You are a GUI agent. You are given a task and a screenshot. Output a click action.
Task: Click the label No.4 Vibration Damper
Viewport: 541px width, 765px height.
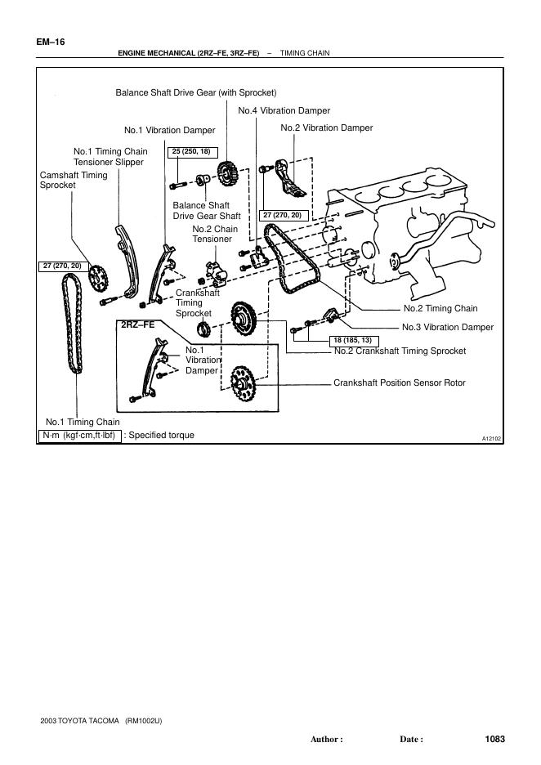pos(284,110)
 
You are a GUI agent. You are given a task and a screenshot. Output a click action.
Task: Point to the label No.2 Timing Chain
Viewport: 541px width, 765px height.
pos(440,309)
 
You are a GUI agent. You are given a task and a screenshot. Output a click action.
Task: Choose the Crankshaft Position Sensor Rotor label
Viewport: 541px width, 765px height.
pos(399,382)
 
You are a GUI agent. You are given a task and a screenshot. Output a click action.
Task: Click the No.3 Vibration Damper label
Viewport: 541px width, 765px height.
pos(448,327)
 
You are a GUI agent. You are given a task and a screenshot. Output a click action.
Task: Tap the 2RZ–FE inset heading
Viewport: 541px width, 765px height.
pos(137,325)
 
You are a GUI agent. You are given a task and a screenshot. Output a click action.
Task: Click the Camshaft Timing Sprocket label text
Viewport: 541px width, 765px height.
pos(74,181)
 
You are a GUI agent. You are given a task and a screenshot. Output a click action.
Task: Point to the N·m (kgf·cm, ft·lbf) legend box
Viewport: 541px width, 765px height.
pos(80,436)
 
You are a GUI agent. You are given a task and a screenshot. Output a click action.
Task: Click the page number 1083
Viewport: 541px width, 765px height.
pos(495,739)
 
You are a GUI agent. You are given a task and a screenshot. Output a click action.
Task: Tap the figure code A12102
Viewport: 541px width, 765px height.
pos(491,439)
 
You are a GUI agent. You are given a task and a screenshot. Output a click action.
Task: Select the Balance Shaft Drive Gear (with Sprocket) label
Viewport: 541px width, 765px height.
pos(196,92)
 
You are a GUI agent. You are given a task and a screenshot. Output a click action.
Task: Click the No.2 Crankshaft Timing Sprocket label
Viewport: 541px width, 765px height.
pos(400,351)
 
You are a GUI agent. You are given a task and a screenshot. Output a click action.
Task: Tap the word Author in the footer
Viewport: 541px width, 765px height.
pos(326,740)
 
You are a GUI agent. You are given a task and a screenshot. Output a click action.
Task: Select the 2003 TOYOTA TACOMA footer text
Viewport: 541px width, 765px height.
pos(79,721)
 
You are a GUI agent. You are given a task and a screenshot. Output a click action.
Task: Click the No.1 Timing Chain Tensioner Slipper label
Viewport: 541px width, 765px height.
pos(110,157)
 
